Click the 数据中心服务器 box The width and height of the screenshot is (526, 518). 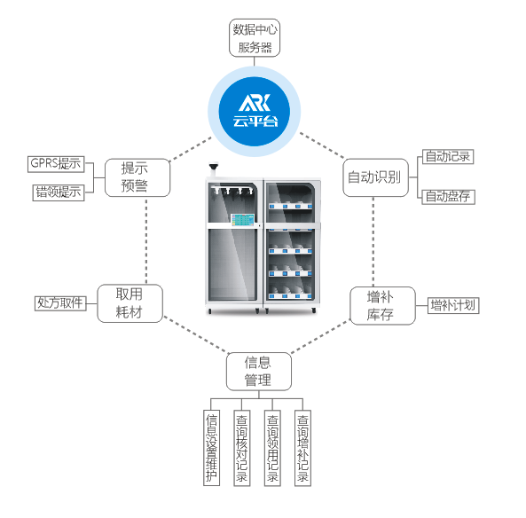(255, 38)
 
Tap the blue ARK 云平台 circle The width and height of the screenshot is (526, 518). (255, 112)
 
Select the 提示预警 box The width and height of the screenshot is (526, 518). (137, 177)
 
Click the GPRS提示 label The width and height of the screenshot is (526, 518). (56, 164)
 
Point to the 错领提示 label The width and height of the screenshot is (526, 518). (59, 192)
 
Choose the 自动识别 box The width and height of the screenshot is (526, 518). (376, 177)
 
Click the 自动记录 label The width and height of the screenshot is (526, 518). (448, 157)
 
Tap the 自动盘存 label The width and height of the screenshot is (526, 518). (449, 197)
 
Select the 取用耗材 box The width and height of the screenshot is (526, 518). (130, 303)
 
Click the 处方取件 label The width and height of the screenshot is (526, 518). (60, 303)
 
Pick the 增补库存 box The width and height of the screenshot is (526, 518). (383, 306)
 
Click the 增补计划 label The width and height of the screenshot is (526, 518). (453, 306)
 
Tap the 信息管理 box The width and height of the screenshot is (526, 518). (259, 372)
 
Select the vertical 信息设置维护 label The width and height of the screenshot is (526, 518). (212, 448)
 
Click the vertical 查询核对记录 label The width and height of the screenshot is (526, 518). (242, 448)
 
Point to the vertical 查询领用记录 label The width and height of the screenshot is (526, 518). (272, 448)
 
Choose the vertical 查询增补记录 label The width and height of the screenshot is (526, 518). (302, 448)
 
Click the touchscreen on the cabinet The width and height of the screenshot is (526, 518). (242, 220)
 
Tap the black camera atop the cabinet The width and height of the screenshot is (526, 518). (214, 167)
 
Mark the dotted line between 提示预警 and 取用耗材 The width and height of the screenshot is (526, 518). (146, 241)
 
